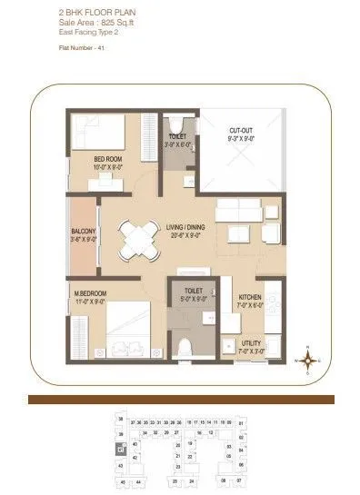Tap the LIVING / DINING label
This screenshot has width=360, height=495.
(184, 229)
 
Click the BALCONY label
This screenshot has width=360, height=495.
(83, 233)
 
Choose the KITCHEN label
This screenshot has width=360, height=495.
(250, 298)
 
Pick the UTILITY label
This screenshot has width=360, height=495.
(252, 343)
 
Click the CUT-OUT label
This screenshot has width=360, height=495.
(241, 131)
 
